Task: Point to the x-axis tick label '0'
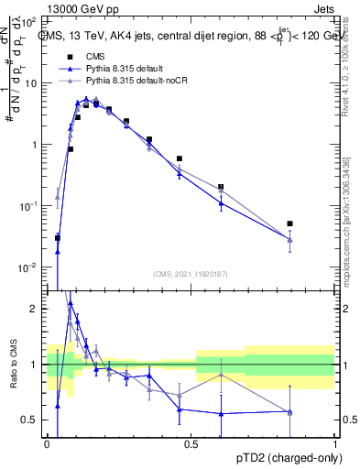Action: pyautogui.click(x=46, y=442)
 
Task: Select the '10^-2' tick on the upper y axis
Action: pyautogui.click(x=29, y=267)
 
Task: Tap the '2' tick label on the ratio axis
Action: pyautogui.click(x=36, y=309)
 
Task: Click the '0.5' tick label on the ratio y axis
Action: pyautogui.click(x=32, y=420)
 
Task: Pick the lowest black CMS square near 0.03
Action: pyautogui.click(x=58, y=238)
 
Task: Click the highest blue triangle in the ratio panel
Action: pyautogui.click(x=71, y=303)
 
